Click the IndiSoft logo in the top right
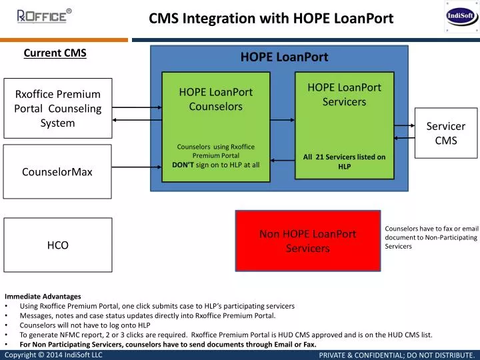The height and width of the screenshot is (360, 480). click(461, 17)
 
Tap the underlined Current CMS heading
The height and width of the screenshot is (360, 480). click(55, 53)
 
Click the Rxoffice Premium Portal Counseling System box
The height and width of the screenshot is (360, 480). click(57, 109)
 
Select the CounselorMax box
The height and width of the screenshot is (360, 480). click(57, 172)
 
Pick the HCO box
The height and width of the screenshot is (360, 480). click(57, 245)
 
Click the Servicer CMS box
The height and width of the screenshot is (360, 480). click(446, 133)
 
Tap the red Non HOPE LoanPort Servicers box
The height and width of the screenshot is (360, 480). click(307, 241)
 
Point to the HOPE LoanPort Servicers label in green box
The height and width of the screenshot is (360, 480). click(344, 94)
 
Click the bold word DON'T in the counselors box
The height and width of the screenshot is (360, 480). click(183, 164)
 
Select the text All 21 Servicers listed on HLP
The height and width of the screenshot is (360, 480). click(344, 161)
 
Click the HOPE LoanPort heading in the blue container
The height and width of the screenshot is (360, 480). click(284, 57)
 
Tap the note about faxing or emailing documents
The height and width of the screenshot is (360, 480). click(431, 237)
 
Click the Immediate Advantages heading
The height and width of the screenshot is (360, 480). click(43, 296)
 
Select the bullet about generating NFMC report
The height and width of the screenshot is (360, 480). click(226, 335)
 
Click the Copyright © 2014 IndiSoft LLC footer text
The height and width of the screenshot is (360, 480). click(53, 355)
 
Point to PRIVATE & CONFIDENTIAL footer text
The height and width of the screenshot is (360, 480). click(396, 355)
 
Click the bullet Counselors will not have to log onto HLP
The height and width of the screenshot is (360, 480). click(85, 325)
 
